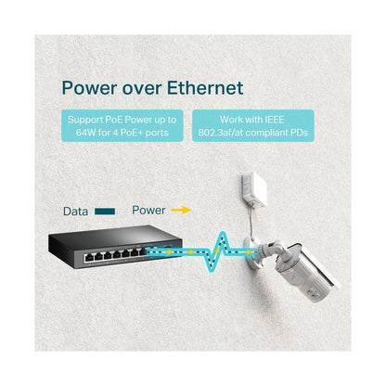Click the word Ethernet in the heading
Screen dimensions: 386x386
point(205,88)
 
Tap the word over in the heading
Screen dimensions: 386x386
point(142,90)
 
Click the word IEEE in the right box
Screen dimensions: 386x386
point(274,120)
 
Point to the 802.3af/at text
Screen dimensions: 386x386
point(221,133)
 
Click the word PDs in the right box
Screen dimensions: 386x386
point(299,133)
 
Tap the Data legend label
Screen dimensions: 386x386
point(75,212)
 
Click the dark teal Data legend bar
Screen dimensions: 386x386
point(105,212)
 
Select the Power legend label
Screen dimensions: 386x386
point(148,211)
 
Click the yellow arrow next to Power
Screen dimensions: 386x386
point(182,211)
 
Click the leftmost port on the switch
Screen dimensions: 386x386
point(89,257)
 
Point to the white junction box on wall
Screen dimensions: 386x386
point(254,190)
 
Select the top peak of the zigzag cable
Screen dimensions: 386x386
point(221,233)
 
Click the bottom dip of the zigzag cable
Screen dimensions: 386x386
point(210,270)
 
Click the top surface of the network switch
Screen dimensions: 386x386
point(115,237)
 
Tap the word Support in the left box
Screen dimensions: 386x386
point(85,120)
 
